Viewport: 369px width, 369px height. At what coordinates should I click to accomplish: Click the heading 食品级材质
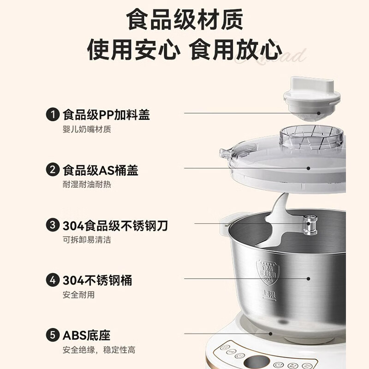click(184, 20)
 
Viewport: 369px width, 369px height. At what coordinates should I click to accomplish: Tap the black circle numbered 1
click(53, 114)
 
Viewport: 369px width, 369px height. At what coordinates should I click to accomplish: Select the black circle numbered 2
click(53, 170)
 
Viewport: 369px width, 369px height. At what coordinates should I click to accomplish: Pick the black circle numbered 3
click(53, 226)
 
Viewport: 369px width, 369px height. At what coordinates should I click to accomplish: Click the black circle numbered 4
click(53, 280)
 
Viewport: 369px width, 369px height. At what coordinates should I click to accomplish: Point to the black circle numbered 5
click(53, 335)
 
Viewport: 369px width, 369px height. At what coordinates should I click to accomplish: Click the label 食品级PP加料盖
click(106, 114)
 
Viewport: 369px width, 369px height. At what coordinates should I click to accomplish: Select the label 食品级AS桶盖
click(100, 170)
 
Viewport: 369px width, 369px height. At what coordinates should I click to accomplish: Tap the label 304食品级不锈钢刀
click(115, 226)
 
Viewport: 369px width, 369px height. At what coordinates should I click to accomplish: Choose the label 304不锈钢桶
click(97, 280)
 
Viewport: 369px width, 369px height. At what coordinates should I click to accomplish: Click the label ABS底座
click(86, 335)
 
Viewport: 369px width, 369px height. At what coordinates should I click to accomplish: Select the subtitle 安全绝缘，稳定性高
click(99, 350)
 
